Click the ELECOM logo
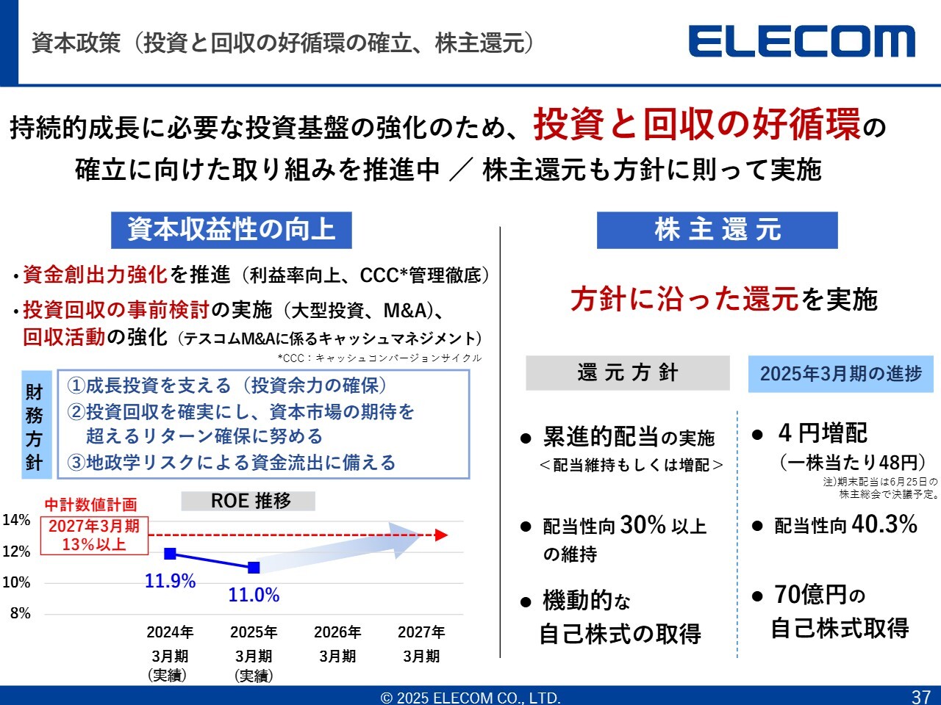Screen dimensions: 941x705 [x=801, y=41]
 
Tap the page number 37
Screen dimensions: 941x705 [x=921, y=697]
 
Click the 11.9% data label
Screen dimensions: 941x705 [x=171, y=581]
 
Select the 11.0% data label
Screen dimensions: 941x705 [x=254, y=595]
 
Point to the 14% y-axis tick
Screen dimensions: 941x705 [x=16, y=520]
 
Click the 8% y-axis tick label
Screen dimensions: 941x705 [x=20, y=613]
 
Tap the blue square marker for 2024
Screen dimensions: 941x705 [x=171, y=554]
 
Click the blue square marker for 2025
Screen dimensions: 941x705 [x=254, y=568]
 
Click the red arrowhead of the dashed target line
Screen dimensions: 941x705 [x=441, y=535]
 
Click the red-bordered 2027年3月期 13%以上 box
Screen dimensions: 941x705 [x=94, y=535]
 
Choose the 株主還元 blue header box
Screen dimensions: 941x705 [x=718, y=230]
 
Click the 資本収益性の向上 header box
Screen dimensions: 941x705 [x=232, y=230]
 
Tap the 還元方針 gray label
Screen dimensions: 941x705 [x=628, y=373]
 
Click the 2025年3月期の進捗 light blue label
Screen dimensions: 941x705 [x=841, y=374]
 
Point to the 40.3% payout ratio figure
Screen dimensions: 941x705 [x=884, y=524]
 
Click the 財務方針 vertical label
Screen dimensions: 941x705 [x=35, y=424]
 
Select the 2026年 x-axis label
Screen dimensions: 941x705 [x=337, y=632]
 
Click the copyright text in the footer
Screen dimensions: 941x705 [x=470, y=698]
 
